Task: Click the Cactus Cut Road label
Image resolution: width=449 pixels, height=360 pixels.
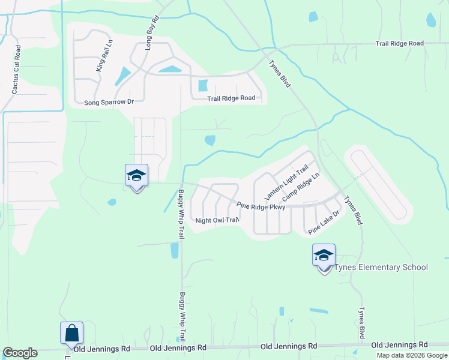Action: click(16, 70)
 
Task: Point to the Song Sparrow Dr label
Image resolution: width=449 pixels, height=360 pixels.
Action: click(109, 102)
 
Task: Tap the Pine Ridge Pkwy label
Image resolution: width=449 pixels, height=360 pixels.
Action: click(261, 206)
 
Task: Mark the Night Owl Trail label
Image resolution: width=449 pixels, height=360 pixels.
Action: click(217, 220)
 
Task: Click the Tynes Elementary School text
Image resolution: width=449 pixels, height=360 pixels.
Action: click(381, 267)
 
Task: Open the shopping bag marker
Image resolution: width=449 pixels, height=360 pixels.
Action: click(71, 332)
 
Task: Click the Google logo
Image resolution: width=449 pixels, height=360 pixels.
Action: click(20, 353)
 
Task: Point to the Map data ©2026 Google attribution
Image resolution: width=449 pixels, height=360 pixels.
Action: click(412, 355)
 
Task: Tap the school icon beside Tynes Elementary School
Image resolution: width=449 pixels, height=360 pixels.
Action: click(324, 256)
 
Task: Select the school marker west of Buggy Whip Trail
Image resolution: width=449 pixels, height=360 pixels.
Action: click(136, 175)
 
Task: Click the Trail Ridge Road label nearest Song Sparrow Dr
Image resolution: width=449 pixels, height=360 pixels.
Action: click(231, 98)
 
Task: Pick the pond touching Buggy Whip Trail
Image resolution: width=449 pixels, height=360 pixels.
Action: click(175, 250)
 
